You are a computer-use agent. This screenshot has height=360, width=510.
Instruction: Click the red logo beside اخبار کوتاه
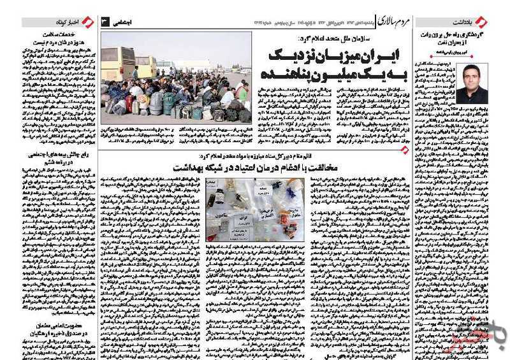[x=88, y=22]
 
